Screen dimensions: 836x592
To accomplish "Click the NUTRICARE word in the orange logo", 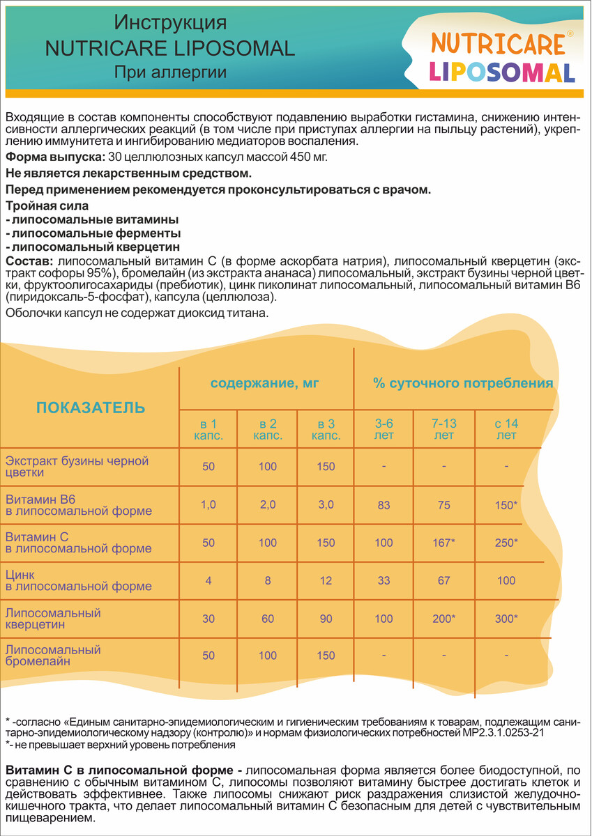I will [497, 44].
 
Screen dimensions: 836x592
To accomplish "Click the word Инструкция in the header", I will [170, 24].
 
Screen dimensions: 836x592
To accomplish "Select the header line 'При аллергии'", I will [170, 72].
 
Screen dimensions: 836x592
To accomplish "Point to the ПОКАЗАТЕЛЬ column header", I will [91, 408].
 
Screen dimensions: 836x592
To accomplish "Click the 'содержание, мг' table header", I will [266, 383].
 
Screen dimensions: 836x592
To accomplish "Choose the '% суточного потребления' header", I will [463, 383].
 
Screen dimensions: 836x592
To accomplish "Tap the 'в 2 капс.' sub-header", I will [268, 430].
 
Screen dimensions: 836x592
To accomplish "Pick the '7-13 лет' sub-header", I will [443, 430].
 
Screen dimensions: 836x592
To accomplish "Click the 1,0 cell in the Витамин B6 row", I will [208, 505].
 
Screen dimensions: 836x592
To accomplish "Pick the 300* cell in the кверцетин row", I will [506, 619].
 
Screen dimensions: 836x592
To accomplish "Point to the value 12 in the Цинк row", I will [326, 580].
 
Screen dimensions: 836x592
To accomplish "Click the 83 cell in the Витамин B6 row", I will [384, 505].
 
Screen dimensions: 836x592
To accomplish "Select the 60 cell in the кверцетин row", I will [268, 619].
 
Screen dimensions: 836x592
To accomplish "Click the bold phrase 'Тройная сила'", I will [47, 206].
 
